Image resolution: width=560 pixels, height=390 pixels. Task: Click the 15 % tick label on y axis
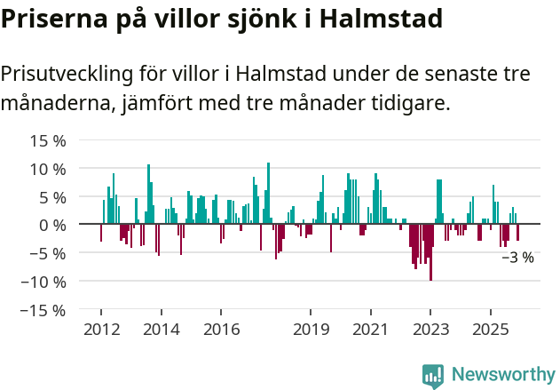click(x=48, y=140)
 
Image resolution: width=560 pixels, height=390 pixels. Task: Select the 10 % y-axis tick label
click(x=48, y=169)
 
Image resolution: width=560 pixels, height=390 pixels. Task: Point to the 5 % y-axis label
click(x=52, y=197)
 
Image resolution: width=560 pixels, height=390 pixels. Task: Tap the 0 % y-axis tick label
click(x=52, y=225)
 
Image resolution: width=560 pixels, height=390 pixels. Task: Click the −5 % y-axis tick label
click(x=48, y=253)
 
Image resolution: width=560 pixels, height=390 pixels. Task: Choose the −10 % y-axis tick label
click(x=43, y=282)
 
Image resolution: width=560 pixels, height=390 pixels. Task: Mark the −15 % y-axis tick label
click(x=43, y=310)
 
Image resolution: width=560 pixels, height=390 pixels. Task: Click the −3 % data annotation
click(x=517, y=258)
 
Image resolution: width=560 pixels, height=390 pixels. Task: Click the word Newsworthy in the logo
click(x=503, y=374)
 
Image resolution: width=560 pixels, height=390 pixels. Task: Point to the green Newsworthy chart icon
click(x=433, y=375)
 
